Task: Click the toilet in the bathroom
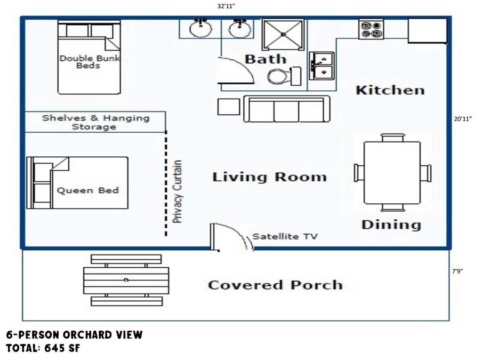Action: (284, 76)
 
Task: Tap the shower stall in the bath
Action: (283, 34)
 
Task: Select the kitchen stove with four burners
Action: (371, 29)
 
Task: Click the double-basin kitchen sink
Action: (321, 65)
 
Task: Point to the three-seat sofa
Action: (287, 109)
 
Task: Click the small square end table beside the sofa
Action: (229, 107)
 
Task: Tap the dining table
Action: (392, 172)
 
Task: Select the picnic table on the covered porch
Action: (126, 280)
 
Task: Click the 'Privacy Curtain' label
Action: (177, 191)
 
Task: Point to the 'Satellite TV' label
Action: (285, 236)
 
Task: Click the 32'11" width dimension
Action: (226, 6)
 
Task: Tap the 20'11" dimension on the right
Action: (463, 119)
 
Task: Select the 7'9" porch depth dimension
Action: (458, 271)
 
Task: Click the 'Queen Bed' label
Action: (88, 191)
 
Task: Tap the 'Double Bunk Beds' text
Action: (89, 62)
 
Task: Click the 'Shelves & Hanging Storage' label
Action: (96, 122)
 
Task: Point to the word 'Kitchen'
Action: (390, 90)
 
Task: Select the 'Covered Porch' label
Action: (275, 285)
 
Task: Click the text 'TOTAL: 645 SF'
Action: (43, 348)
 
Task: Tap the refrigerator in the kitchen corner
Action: (427, 31)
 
